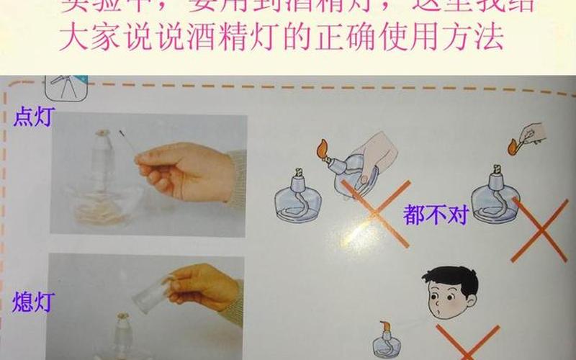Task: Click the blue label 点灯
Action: coord(34,117)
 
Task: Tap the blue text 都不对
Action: coord(436,215)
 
